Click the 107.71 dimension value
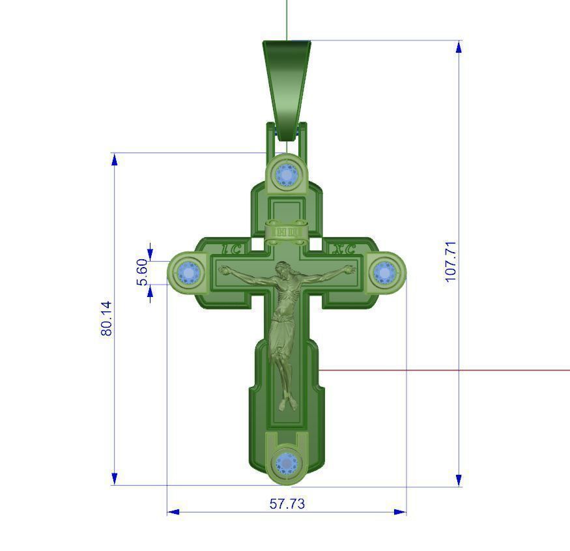[x=451, y=261]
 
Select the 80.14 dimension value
[x=107, y=318]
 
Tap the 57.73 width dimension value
[x=287, y=503]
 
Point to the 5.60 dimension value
[x=142, y=272]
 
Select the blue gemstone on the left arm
[x=189, y=272]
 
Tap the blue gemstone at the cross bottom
[x=286, y=463]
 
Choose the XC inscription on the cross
[x=343, y=249]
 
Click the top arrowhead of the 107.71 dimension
[x=459, y=46]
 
